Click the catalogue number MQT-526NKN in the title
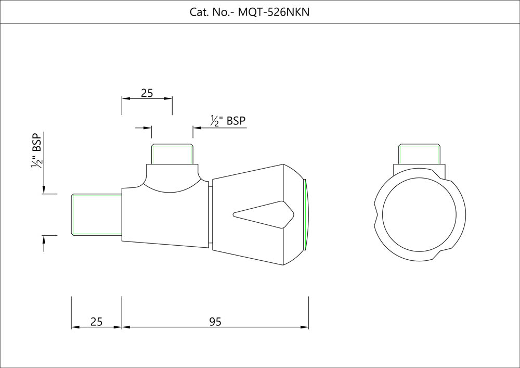(273, 12)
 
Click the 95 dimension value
(215, 322)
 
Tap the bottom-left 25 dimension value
(96, 322)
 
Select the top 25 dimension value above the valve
(147, 93)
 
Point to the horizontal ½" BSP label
(228, 121)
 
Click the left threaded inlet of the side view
(96, 214)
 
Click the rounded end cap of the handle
(305, 214)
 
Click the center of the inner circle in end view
(423, 215)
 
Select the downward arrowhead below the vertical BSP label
(44, 190)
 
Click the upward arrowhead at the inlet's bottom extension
(44, 239)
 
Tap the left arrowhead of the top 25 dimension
(125, 98)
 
